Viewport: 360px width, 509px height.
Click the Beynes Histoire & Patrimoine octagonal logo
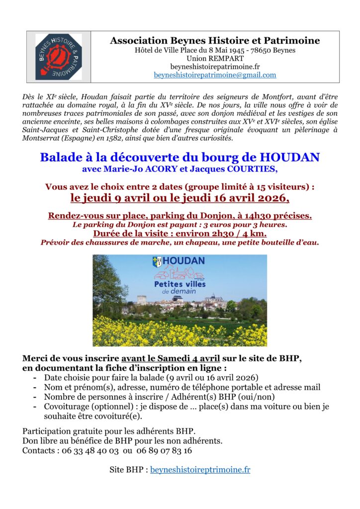59,57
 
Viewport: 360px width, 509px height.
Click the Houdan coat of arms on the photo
157,262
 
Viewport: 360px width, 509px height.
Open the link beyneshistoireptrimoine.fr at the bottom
200,470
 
